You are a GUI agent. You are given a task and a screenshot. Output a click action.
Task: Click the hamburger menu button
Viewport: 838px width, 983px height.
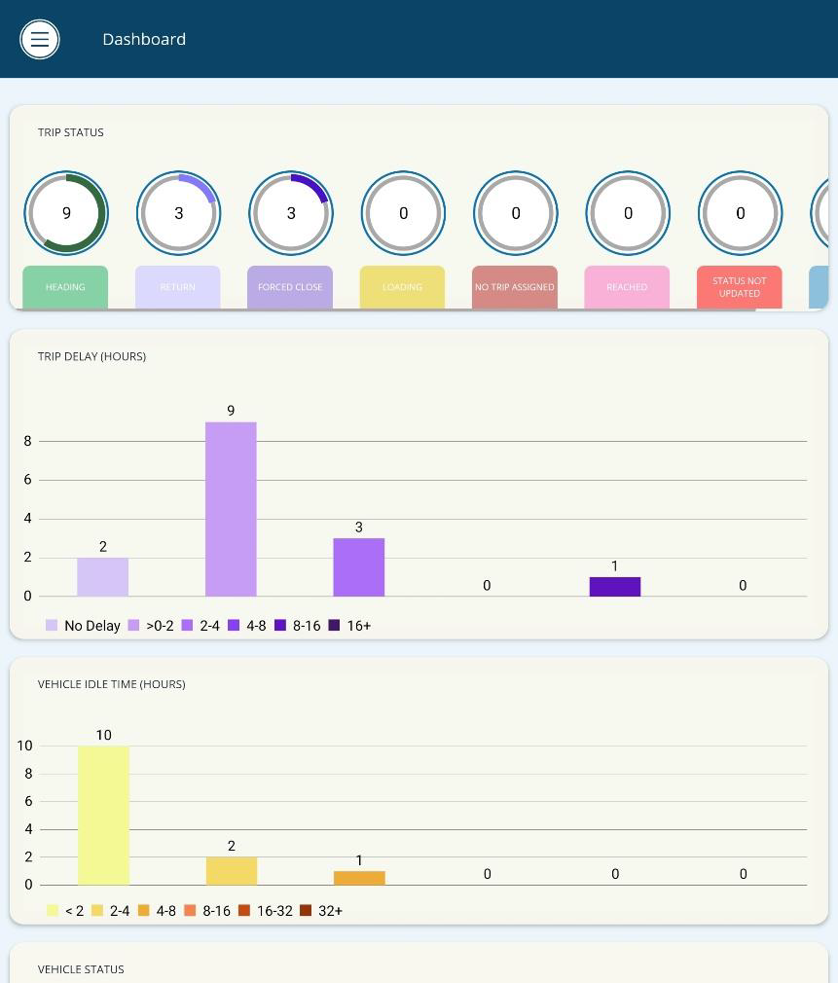pos(40,39)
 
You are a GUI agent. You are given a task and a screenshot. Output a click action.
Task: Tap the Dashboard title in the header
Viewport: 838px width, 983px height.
pos(144,39)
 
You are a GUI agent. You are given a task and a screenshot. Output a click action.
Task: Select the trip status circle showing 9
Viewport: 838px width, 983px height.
pos(66,213)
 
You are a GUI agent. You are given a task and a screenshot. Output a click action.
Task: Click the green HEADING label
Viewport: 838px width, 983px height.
pos(65,287)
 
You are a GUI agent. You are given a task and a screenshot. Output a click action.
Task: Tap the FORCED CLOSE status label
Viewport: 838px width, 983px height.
pos(290,287)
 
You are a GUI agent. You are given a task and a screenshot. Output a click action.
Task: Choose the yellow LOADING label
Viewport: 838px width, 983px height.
pos(403,287)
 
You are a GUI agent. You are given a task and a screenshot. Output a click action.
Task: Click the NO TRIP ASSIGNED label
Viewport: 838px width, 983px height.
pos(515,287)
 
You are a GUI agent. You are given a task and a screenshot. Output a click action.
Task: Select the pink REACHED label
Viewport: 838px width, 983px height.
pos(627,287)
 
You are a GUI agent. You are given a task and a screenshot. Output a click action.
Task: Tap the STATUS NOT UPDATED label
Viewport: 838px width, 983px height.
pos(740,287)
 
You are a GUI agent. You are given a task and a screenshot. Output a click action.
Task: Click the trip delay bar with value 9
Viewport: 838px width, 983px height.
pos(231,509)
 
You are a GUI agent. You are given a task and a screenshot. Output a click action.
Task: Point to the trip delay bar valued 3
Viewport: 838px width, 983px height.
pos(359,567)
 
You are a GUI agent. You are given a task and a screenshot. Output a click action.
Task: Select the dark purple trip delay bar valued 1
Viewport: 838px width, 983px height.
pos(615,587)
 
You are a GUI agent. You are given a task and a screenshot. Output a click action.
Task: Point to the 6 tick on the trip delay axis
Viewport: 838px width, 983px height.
pos(27,480)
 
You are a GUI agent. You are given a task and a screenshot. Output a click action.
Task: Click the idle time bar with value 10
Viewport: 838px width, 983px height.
pos(103,816)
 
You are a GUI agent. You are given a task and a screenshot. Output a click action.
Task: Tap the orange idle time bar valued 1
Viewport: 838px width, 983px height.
pos(359,878)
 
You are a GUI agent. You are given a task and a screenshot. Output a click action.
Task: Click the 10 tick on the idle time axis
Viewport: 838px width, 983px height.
pos(24,746)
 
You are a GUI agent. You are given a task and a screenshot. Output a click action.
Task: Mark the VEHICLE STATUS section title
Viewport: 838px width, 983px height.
pos(81,969)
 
